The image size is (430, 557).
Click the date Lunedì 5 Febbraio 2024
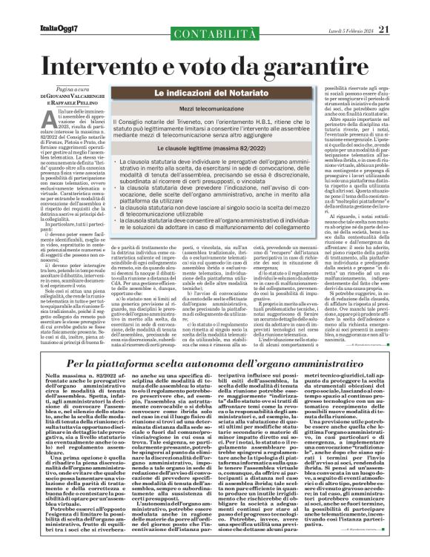(348, 9)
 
